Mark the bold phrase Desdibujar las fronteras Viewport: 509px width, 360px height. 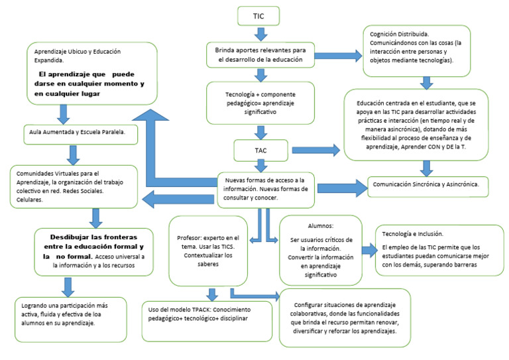pos(97,237)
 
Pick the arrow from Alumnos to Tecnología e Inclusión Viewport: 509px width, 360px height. pos(368,249)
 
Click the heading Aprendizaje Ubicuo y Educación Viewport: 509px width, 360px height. pos(78,52)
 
